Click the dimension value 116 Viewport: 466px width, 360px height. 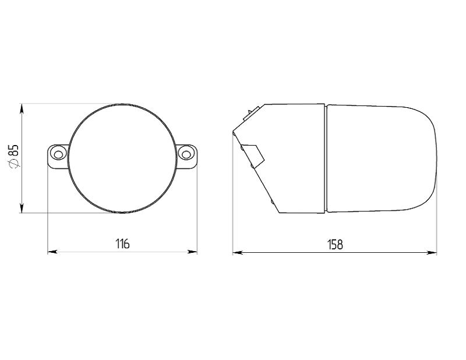pyautogui.click(x=122, y=243)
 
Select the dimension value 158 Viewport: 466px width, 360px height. pyautogui.click(x=335, y=244)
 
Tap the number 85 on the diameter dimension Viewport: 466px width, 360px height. pyautogui.click(x=14, y=150)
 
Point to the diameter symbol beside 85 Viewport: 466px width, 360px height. pyautogui.click(x=14, y=164)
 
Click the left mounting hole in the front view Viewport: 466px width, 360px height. pyautogui.click(x=58, y=154)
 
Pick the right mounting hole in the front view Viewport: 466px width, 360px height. pyautogui.click(x=186, y=154)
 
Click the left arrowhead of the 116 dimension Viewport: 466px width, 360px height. pyautogui.click(x=52, y=252)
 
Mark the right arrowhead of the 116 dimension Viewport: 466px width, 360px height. pyautogui.click(x=193, y=252)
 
